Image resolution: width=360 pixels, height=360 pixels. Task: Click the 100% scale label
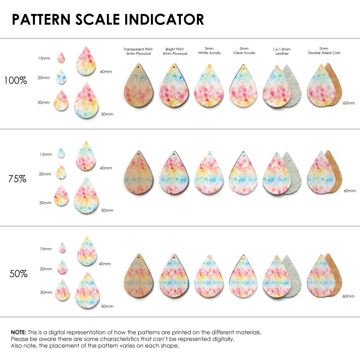[15, 80]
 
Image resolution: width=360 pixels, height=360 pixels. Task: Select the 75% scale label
[17, 178]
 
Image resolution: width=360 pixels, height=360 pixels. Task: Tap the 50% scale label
[18, 274]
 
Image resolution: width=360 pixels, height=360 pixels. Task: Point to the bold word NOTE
[18, 332]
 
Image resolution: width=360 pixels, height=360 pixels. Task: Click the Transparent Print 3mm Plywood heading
[138, 51]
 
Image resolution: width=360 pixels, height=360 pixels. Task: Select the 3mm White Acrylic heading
[209, 51]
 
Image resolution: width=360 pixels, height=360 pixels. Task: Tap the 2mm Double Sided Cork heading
[324, 51]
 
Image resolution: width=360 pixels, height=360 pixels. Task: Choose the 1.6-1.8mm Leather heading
[282, 51]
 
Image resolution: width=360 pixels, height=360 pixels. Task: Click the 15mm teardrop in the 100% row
[61, 58]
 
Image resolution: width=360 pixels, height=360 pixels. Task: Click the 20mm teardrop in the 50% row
[62, 267]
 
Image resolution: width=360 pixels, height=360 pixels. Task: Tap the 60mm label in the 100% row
[348, 103]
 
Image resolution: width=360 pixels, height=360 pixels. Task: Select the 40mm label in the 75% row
[106, 168]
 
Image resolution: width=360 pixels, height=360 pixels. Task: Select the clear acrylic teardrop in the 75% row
[243, 175]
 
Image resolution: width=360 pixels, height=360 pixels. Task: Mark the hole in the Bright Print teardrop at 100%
[174, 67]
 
